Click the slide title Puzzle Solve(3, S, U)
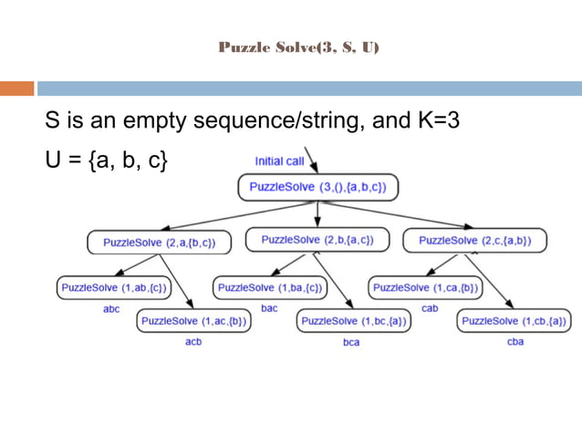(298, 47)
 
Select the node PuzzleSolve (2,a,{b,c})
(160, 242)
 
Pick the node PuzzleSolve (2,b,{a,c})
(317, 240)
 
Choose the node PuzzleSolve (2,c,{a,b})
(474, 241)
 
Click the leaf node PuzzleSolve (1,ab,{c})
(114, 287)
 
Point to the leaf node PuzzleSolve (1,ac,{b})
(194, 321)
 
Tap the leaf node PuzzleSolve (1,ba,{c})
(269, 287)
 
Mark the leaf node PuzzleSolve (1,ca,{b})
(426, 287)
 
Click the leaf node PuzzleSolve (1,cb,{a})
(514, 321)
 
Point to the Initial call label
(280, 161)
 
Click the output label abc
(111, 309)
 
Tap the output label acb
(193, 342)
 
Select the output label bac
(269, 308)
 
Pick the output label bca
(351, 342)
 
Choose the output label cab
(430, 308)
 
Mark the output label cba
(515, 342)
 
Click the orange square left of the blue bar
(17, 88)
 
